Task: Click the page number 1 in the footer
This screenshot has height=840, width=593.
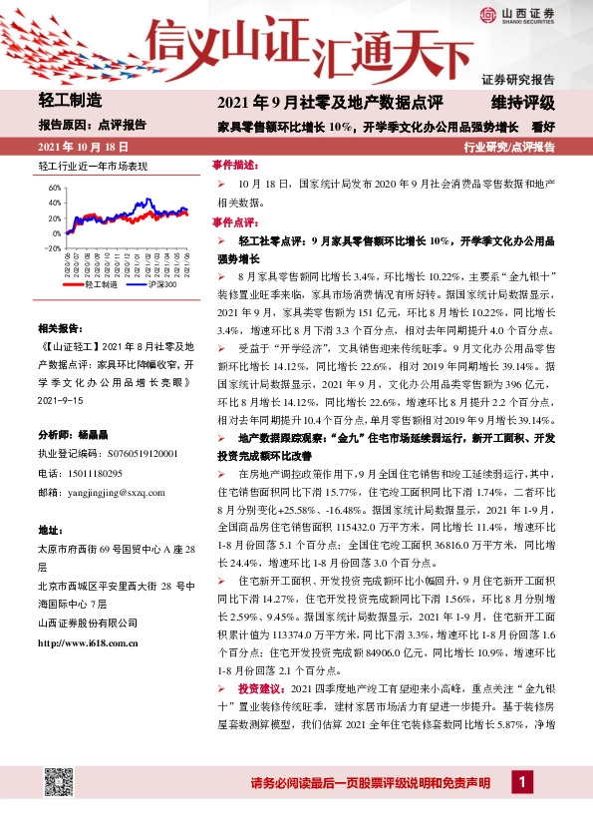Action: tap(519, 783)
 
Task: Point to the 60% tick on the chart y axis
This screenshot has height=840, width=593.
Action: tap(54, 187)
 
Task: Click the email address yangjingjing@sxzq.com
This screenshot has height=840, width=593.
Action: tap(116, 492)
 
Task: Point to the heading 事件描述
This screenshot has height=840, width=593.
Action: tap(234, 164)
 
